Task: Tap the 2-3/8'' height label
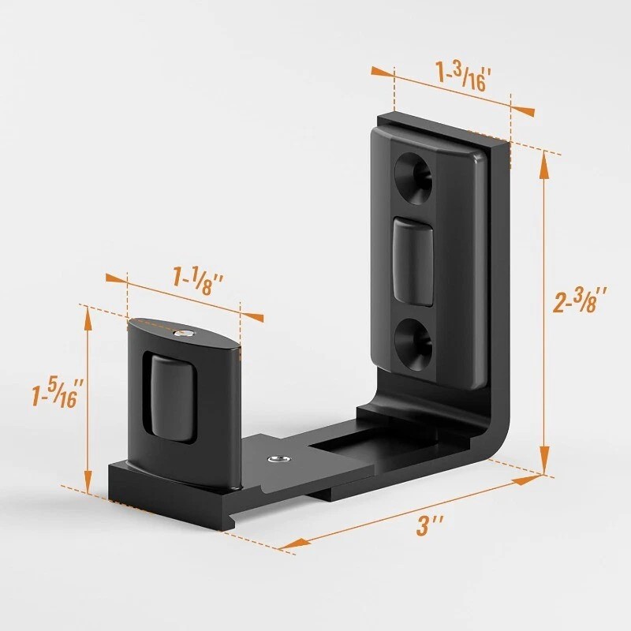point(580,301)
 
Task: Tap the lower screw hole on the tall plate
point(414,335)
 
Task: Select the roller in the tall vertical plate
point(413,261)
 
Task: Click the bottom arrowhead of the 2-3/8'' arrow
point(543,463)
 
